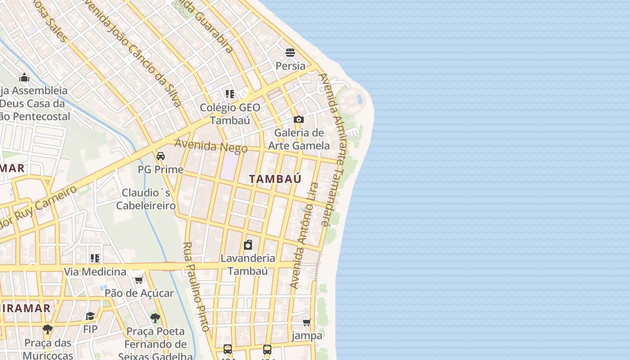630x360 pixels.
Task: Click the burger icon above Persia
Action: pyautogui.click(x=290, y=53)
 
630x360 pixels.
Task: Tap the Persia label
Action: pyautogui.click(x=290, y=66)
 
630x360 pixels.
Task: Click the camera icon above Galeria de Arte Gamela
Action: pyautogui.click(x=298, y=119)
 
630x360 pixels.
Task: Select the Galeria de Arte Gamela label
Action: pyautogui.click(x=299, y=139)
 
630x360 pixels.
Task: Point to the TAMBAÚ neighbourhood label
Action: pyautogui.click(x=275, y=179)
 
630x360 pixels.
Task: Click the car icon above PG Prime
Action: pyautogui.click(x=161, y=156)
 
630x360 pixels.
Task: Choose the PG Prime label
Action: pyautogui.click(x=161, y=170)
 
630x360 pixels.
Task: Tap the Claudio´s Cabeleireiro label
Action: pyautogui.click(x=146, y=199)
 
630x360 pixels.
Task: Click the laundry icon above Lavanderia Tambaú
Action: pyautogui.click(x=248, y=245)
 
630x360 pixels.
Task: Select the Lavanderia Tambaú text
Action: pyautogui.click(x=248, y=265)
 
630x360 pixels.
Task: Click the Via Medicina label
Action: pyautogui.click(x=95, y=272)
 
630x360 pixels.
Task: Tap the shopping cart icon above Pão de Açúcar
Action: pyautogui.click(x=139, y=280)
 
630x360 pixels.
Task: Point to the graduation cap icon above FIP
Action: pyautogui.click(x=90, y=316)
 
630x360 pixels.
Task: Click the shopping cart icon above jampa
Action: pyautogui.click(x=307, y=322)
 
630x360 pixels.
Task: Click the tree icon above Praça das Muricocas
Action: pyautogui.click(x=48, y=329)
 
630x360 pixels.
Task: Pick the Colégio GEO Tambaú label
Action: pyautogui.click(x=230, y=114)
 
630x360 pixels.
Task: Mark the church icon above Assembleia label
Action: pyautogui.click(x=24, y=77)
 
